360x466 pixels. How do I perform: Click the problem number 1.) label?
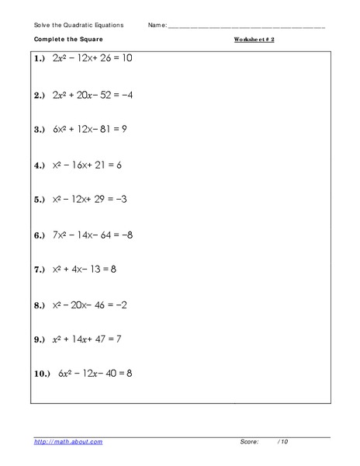pos(40,58)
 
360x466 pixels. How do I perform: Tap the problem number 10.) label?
pos(42,373)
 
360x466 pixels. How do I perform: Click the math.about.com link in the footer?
pos(67,441)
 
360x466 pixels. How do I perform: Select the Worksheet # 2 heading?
pos(254,37)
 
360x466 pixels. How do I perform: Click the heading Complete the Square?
pos(67,37)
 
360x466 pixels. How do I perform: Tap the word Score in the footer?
pos(249,441)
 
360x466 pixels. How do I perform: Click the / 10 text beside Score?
pos(283,441)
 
